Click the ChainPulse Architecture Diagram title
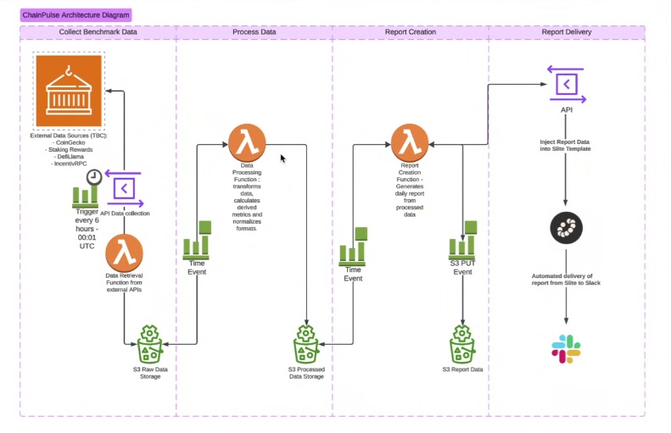tap(75, 15)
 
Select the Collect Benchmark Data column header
tap(98, 32)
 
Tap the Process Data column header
tap(254, 32)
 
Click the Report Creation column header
tap(411, 32)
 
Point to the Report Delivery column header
tap(567, 32)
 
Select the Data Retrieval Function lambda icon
tap(124, 253)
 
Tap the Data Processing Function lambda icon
tap(247, 141)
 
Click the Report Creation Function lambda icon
tap(411, 141)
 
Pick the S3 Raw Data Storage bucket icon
tap(149, 343)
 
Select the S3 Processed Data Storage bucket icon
tap(306, 343)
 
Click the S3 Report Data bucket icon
tap(463, 343)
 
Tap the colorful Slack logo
tap(566, 348)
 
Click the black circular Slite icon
tap(566, 228)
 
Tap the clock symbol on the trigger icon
tap(94, 176)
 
